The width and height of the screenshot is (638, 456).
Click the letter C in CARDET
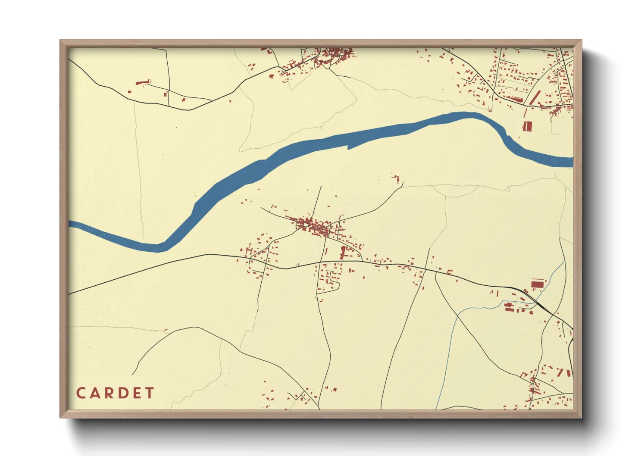pos(81,393)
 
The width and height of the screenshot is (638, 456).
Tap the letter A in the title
pos(96,393)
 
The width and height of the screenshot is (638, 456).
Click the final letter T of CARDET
pos(150,393)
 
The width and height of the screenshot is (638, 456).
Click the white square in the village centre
pos(306,224)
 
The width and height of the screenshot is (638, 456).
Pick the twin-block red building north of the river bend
pos(527,126)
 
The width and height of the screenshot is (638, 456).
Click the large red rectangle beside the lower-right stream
pos(537,284)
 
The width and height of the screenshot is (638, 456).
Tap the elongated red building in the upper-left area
pos(142,82)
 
